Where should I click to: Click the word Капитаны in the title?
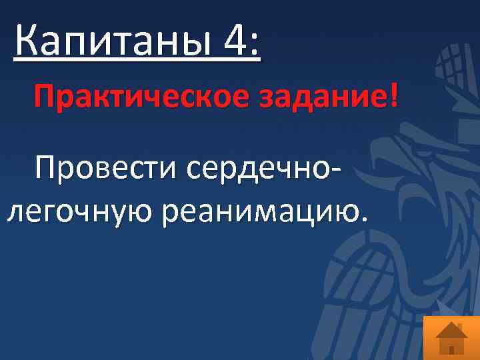[111, 43]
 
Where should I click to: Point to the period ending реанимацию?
[363, 219]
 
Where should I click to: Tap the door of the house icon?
[451, 348]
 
